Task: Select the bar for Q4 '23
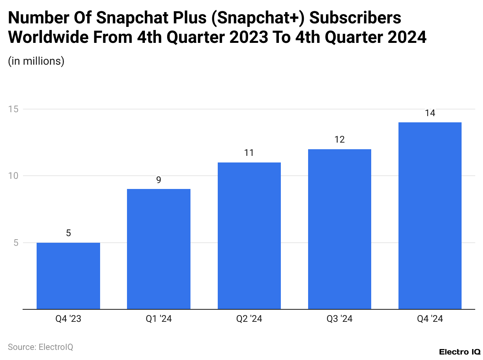[x=68, y=276]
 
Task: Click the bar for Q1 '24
[x=159, y=249]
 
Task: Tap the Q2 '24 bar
[x=249, y=236]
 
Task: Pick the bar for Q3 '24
[x=340, y=229]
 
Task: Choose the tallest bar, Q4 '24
[x=430, y=216]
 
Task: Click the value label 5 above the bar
[x=68, y=233]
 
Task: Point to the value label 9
[x=159, y=180]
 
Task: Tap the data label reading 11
[x=249, y=153]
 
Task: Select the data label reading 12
[x=340, y=139]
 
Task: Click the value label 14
[x=430, y=113]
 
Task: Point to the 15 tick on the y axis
[x=14, y=109]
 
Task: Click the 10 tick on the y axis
[x=14, y=176]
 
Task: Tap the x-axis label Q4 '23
[x=68, y=319]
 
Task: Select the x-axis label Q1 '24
[x=159, y=319]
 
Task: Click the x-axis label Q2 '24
[x=249, y=319]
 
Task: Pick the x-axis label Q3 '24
[x=340, y=319]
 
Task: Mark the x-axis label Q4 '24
[x=430, y=319]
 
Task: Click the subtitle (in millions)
[x=36, y=61]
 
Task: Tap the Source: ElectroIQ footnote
[x=41, y=347]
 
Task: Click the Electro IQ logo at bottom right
[x=460, y=352]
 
